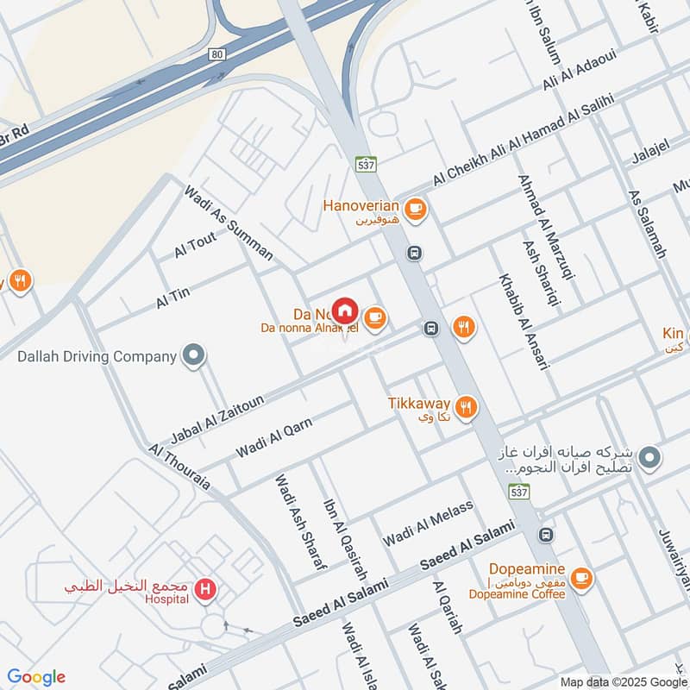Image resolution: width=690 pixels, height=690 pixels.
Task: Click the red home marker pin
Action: tap(345, 310)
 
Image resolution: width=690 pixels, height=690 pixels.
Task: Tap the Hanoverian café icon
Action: tap(415, 208)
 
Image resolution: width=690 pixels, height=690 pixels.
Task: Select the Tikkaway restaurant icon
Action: tap(466, 406)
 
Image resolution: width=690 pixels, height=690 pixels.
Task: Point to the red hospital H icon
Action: tap(205, 590)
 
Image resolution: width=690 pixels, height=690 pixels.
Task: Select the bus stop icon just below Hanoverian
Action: tap(415, 253)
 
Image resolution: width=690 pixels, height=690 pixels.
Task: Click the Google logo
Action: tap(36, 677)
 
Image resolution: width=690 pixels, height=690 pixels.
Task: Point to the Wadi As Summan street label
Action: tap(228, 223)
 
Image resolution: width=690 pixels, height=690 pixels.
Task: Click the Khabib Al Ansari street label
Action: tap(523, 323)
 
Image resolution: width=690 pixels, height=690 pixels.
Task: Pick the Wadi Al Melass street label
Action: tap(429, 523)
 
